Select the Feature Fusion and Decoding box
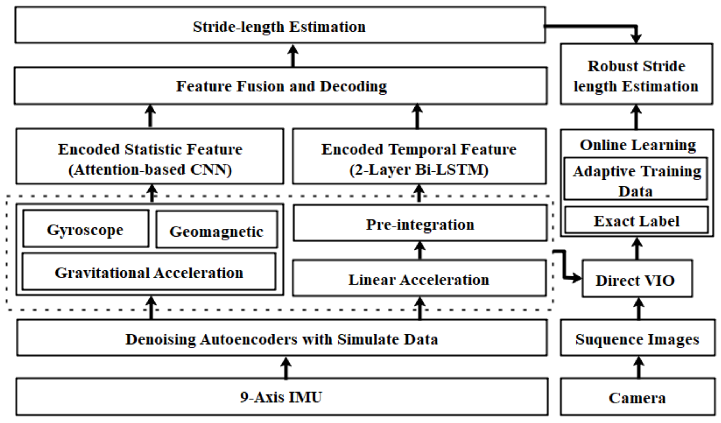(281, 86)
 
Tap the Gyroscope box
(85, 229)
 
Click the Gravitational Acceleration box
(149, 272)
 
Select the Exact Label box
(637, 221)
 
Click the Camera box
(637, 397)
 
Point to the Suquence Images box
(637, 339)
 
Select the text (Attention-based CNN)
(150, 170)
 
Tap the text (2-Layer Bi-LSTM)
(419, 170)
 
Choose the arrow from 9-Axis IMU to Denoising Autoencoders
(286, 368)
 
